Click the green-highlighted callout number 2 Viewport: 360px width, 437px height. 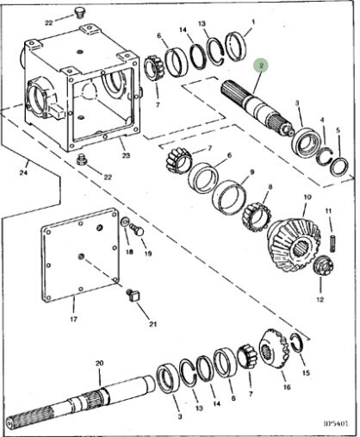(261, 66)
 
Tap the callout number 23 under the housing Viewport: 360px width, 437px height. (126, 155)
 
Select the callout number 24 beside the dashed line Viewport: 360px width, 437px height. (23, 172)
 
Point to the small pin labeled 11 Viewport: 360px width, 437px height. (332, 244)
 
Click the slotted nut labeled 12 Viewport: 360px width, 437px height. (323, 265)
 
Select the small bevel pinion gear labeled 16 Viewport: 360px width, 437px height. (274, 347)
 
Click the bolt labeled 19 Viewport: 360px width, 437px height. (137, 229)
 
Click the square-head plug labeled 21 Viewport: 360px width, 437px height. (133, 296)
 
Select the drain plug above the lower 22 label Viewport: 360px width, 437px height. (82, 159)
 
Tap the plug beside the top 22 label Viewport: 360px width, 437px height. (78, 12)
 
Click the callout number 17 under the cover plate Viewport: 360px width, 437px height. (73, 319)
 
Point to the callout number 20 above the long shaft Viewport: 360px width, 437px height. (99, 363)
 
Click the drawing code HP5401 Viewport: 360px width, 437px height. (336, 423)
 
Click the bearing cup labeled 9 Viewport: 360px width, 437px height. (229, 197)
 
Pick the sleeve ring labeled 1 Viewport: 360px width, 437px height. (236, 47)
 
